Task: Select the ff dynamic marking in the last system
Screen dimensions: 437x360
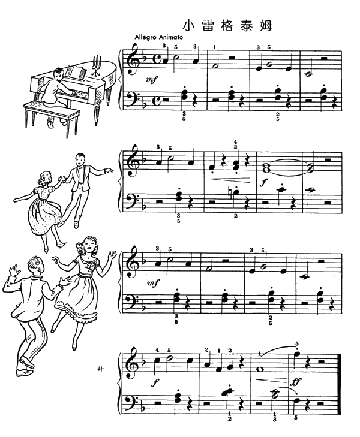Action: (x=295, y=380)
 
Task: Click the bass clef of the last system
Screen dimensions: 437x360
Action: (x=132, y=398)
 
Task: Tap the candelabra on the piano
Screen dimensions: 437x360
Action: (x=95, y=63)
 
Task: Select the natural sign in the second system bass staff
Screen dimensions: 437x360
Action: (x=234, y=193)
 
